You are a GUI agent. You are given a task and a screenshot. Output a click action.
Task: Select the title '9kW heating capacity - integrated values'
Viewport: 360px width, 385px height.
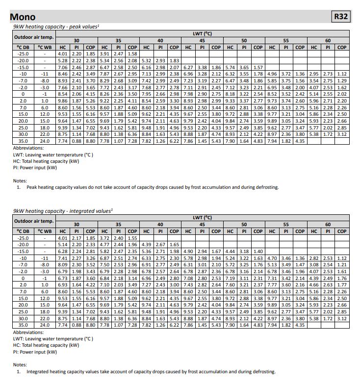coord(63,211)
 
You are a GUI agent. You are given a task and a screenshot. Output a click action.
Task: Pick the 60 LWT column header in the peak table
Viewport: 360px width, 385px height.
coord(328,40)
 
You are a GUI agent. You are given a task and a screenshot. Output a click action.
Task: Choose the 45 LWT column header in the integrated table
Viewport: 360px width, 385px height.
coord(202,224)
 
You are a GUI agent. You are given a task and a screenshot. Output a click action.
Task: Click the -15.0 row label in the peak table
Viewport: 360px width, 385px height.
coord(23,67)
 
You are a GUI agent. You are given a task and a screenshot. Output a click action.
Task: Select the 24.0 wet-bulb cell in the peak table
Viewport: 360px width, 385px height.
coord(45,141)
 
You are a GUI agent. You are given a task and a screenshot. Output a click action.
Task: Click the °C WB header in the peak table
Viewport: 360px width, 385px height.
coord(45,47)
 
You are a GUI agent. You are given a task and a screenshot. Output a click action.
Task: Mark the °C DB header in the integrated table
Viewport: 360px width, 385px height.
coord(23,231)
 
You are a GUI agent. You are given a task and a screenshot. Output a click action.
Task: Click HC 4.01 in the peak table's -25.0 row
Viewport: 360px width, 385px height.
coord(62,53)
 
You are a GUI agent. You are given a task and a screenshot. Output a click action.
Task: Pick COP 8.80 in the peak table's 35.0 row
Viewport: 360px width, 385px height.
coord(90,141)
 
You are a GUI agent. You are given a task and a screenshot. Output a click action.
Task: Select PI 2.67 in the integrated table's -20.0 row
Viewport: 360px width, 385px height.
coord(160,244)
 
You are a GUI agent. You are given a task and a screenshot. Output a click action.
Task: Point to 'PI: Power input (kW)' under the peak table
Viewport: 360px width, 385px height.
coord(35,168)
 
